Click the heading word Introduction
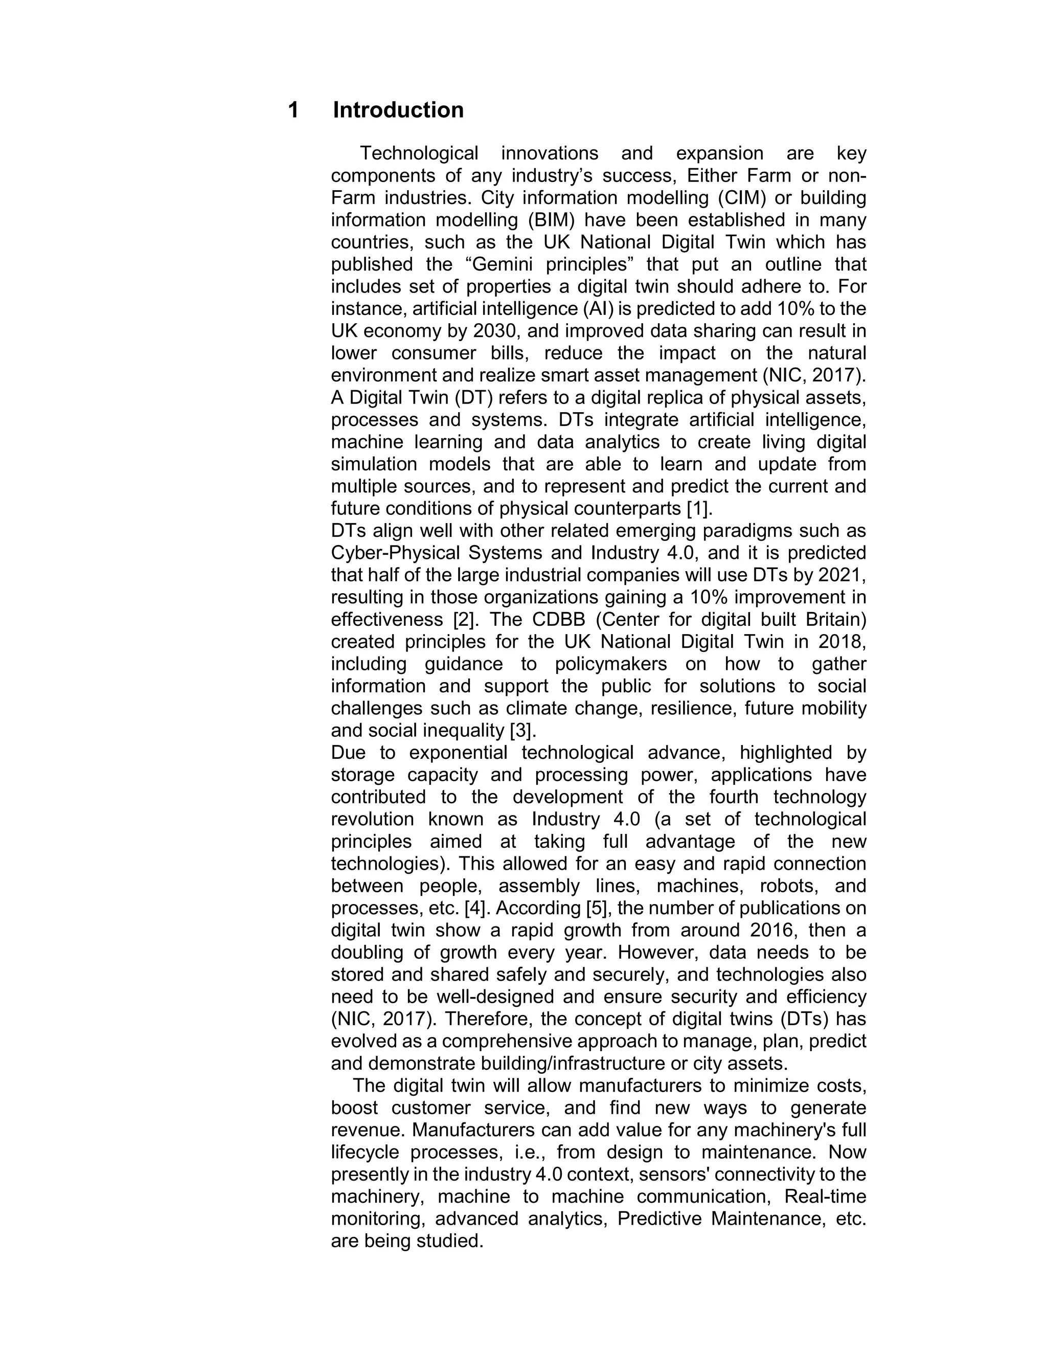click(x=398, y=110)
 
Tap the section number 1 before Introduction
click(x=293, y=110)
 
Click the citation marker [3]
click(x=521, y=731)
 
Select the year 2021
click(x=841, y=575)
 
